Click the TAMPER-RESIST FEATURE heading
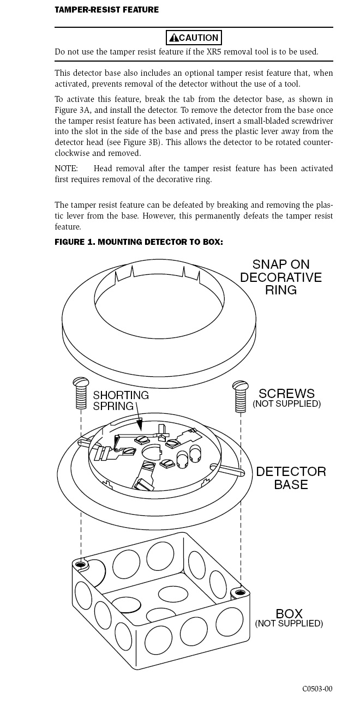tap(107, 9)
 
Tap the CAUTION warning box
tap(194, 38)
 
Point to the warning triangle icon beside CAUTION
tap(174, 38)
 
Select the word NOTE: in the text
tap(66, 168)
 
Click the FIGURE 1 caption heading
tap(139, 242)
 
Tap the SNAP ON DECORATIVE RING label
tap(281, 277)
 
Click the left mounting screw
tap(81, 393)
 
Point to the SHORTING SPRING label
tap(121, 401)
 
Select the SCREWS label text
tap(287, 394)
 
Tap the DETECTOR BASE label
tap(291, 478)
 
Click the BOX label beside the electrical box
tap(289, 614)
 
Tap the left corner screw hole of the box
tap(81, 565)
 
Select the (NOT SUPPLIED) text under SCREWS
tap(287, 403)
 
